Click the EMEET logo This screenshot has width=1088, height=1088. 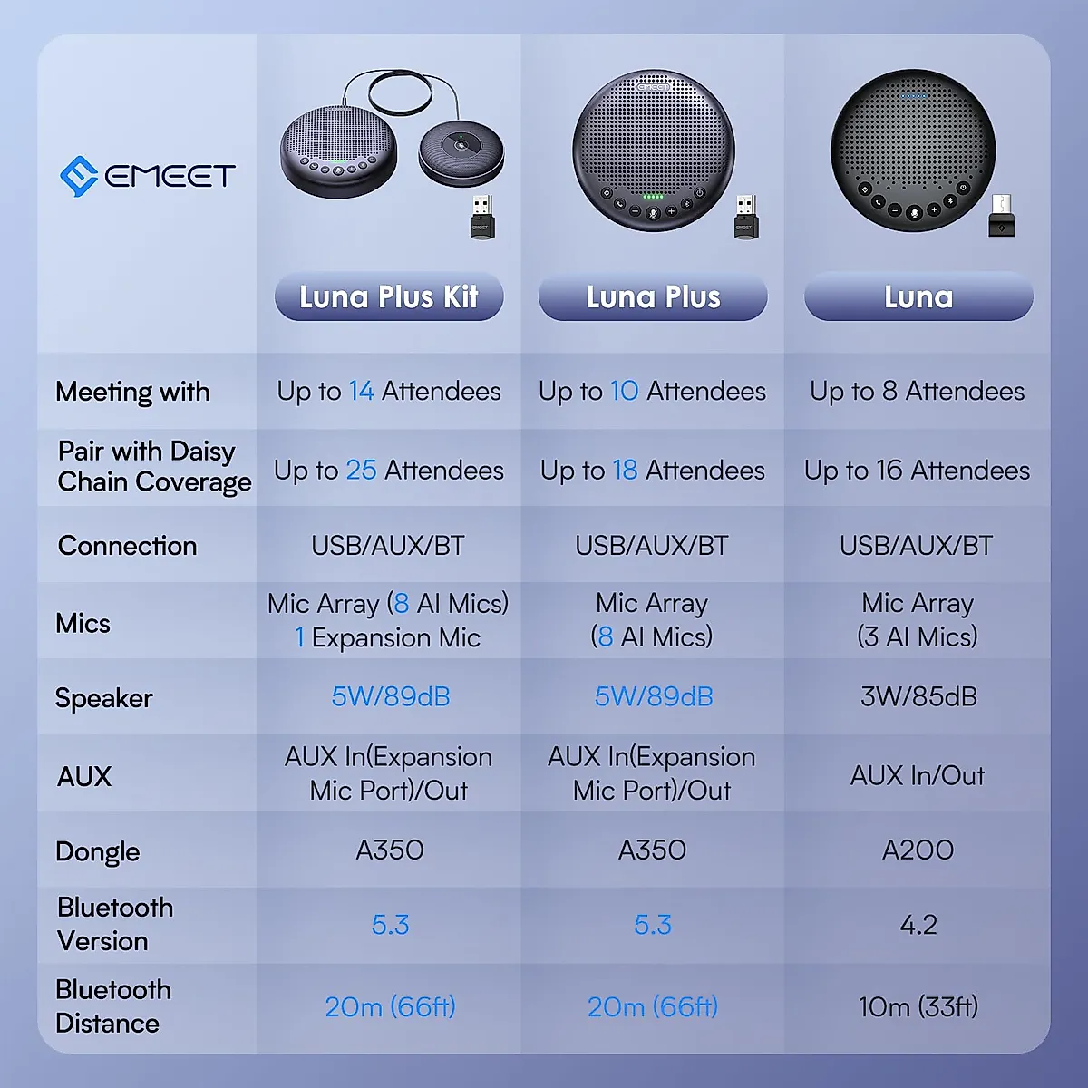point(148,175)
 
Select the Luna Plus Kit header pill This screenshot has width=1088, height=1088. point(389,296)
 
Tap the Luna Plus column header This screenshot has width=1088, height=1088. point(653,296)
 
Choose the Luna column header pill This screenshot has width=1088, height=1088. point(918,296)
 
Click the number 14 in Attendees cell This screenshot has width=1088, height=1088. point(361,391)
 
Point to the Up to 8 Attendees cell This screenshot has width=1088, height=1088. point(918,391)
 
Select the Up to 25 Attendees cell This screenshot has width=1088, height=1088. point(389,470)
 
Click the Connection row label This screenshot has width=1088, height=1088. point(128,546)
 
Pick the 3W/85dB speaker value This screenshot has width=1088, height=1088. point(918,696)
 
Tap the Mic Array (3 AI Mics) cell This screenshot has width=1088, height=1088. point(918,620)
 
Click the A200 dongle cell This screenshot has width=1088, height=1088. point(918,850)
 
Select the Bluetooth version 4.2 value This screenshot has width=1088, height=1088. point(918,925)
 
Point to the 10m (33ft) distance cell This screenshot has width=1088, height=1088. point(918,1006)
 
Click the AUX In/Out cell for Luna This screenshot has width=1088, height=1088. point(918,775)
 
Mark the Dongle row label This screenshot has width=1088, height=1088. point(98,851)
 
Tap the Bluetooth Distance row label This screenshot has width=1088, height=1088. point(112,1006)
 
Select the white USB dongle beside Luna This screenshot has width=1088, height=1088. point(1002,216)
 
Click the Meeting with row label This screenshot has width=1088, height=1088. point(132,392)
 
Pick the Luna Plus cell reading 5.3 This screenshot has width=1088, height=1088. point(653,925)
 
